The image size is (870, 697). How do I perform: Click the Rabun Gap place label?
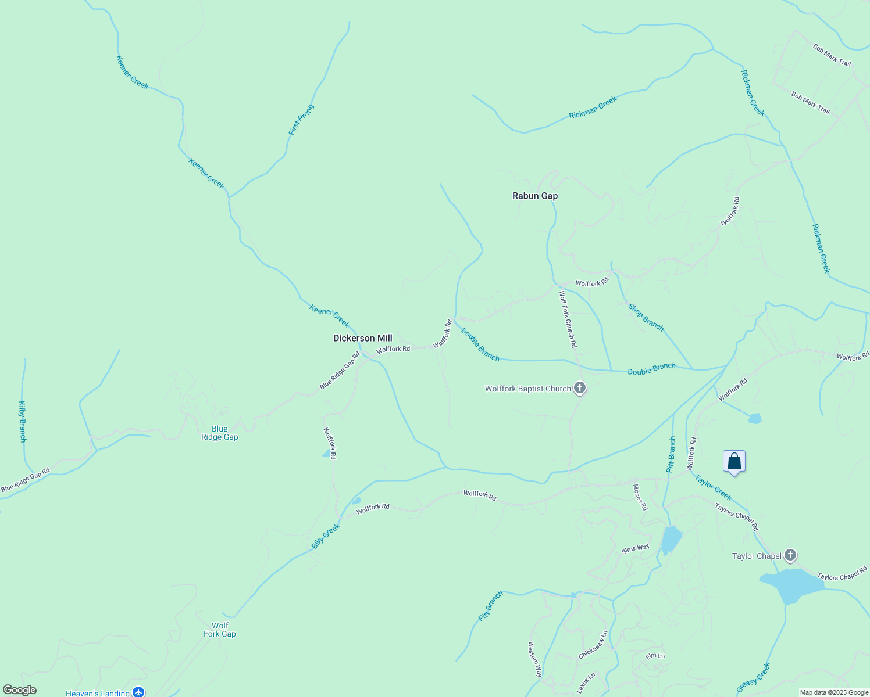(x=534, y=196)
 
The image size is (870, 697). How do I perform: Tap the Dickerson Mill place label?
(x=362, y=338)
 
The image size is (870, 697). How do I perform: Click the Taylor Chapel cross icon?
(x=790, y=555)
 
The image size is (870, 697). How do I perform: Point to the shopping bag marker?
(x=734, y=462)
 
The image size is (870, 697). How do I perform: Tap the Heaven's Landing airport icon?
(x=138, y=692)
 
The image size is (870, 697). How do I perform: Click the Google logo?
(x=19, y=690)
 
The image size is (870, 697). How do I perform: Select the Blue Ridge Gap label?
(x=219, y=433)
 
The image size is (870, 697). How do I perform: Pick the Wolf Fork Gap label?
(x=219, y=630)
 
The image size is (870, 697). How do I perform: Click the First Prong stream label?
(x=301, y=120)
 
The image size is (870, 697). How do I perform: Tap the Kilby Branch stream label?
(x=23, y=421)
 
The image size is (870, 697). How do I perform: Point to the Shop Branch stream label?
(x=646, y=318)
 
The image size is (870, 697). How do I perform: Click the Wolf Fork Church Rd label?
(x=568, y=319)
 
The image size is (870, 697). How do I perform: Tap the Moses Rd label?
(x=640, y=497)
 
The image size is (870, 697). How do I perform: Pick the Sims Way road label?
(x=635, y=548)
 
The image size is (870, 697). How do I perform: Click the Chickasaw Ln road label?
(x=593, y=644)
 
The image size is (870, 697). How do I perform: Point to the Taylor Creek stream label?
(x=713, y=487)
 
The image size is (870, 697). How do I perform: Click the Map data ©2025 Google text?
(x=833, y=692)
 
